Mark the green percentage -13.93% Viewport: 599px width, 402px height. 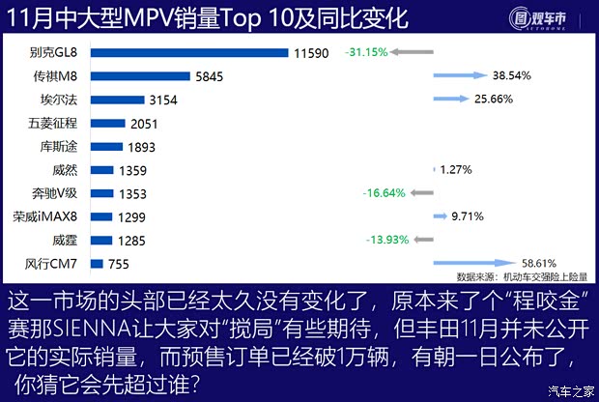tap(387, 240)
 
